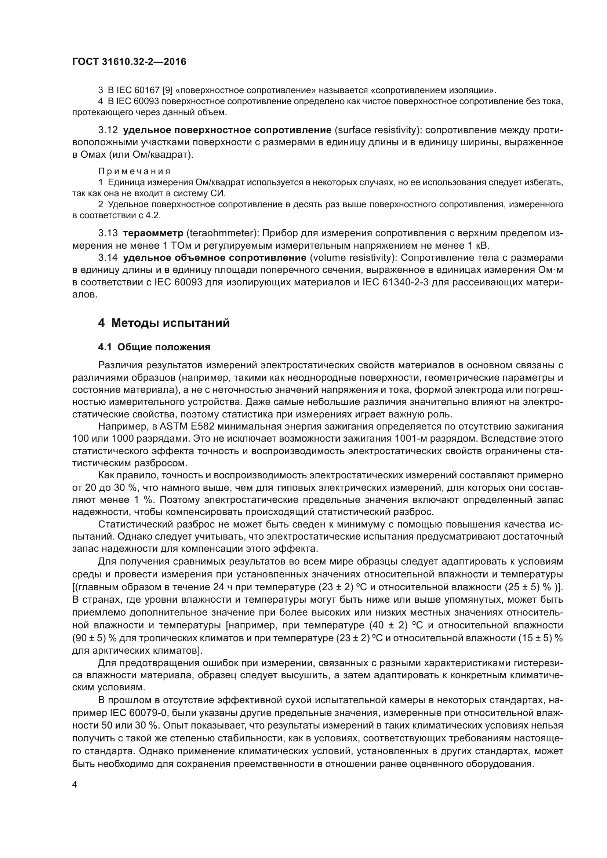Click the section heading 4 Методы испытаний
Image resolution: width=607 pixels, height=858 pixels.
pos(164,323)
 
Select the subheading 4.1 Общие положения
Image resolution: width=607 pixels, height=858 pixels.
pos(154,347)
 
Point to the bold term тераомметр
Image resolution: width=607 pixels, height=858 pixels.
pos(153,234)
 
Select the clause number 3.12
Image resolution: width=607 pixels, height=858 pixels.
pos(108,130)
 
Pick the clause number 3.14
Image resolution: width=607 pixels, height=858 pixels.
pos(108,258)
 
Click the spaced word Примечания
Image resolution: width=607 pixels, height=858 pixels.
pos(134,172)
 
